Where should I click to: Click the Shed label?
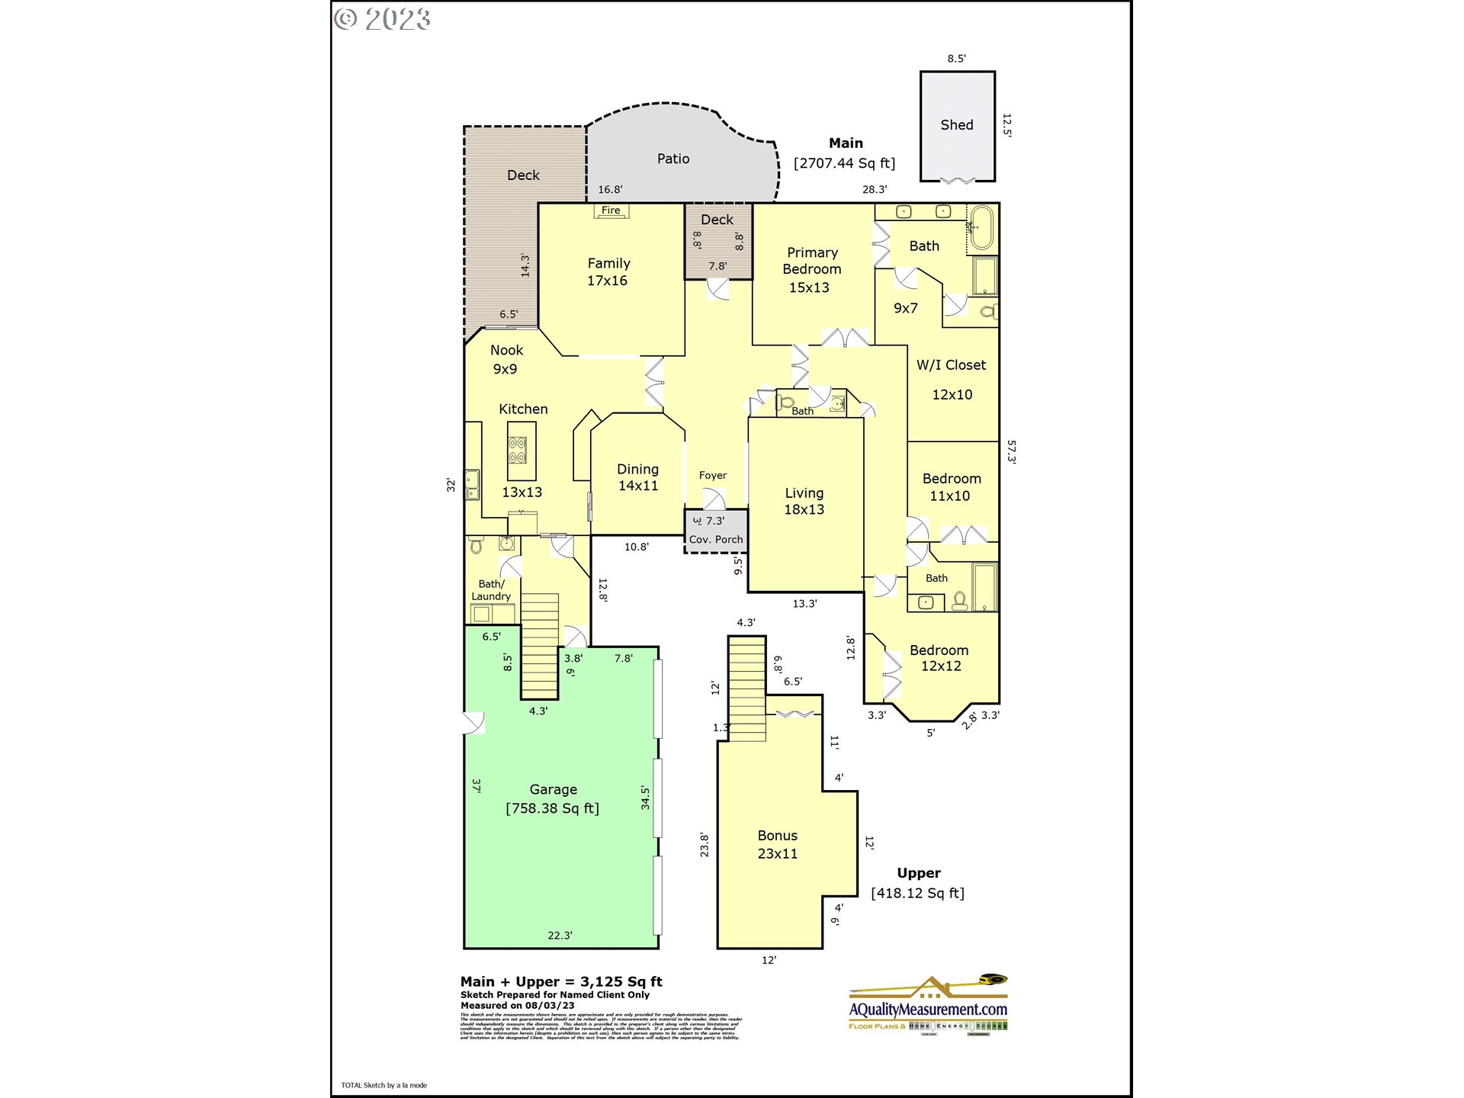[956, 125]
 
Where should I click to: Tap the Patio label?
[673, 159]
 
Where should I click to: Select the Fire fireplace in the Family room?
[611, 210]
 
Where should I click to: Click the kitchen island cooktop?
[517, 451]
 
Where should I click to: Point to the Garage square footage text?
[552, 808]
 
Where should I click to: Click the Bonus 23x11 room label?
[777, 845]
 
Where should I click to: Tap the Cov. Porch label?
[715, 539]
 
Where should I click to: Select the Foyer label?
[712, 475]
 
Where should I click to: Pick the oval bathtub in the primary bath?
[982, 227]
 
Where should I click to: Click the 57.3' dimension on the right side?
[1011, 451]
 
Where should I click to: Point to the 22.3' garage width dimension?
[560, 935]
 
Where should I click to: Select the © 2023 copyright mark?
[382, 19]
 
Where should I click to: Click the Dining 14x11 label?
[637, 477]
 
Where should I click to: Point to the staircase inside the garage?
[539, 645]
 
